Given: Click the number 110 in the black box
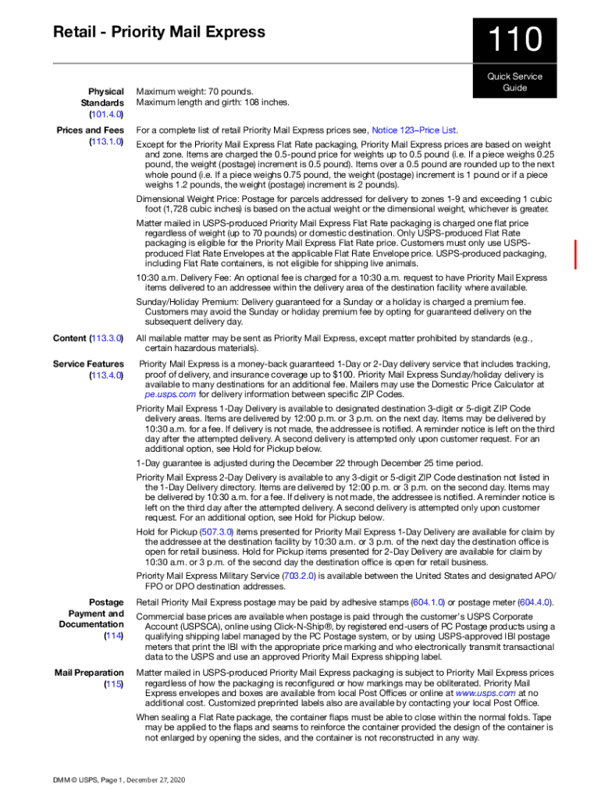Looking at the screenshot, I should (514, 41).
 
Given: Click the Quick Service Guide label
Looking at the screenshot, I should (514, 82).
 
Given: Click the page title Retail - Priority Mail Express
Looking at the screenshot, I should (159, 32).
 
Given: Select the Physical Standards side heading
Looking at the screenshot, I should (101, 97).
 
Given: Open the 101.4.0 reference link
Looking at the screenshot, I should (107, 115).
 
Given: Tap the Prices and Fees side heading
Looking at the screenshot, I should (90, 130).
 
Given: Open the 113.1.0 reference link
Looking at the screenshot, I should (107, 142).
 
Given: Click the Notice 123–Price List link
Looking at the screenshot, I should (414, 130).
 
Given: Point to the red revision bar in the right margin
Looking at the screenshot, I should (576, 255).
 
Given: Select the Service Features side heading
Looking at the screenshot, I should (88, 364).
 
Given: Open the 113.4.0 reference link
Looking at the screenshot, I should (107, 375).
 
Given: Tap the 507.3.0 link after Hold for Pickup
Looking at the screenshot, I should (216, 531).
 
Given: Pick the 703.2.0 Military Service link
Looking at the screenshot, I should (300, 576).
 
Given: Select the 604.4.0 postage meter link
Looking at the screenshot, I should (535, 602).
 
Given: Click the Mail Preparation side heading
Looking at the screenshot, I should (89, 673).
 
